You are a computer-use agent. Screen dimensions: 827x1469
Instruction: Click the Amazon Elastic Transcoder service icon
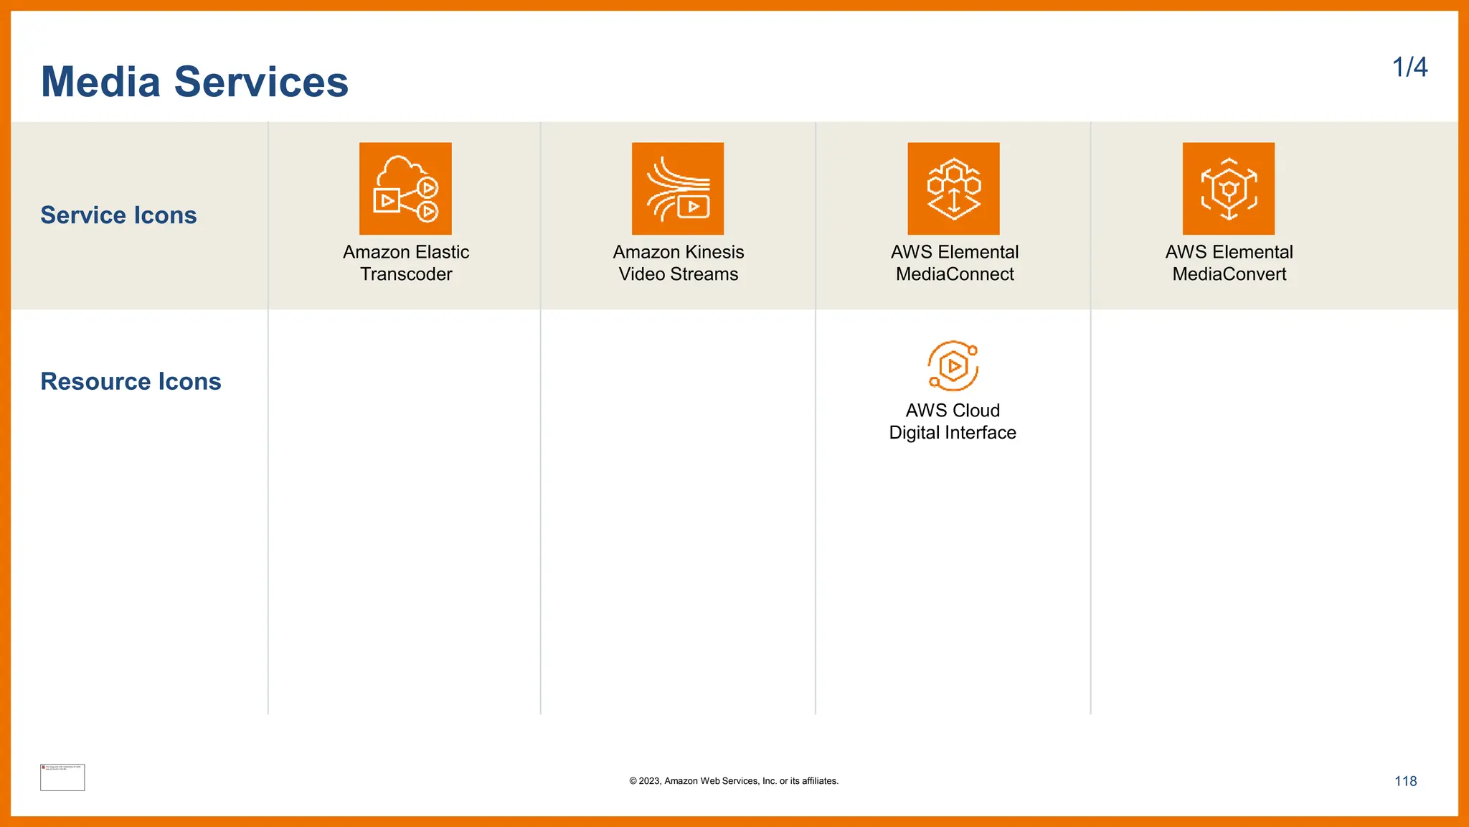point(405,188)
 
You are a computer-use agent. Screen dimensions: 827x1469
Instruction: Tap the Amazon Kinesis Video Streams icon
point(678,188)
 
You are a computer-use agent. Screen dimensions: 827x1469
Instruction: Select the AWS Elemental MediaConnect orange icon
point(953,188)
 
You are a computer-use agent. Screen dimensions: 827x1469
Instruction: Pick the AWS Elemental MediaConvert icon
point(1229,188)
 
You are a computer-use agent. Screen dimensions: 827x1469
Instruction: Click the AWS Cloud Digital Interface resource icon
point(953,366)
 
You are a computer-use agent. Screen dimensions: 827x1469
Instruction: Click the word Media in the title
point(100,82)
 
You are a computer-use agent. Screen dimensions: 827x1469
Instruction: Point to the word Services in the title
point(261,82)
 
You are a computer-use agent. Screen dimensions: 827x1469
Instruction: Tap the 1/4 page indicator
point(1409,67)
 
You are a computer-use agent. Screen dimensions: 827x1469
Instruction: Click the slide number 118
point(1405,781)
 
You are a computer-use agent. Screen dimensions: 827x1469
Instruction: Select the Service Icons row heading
point(118,215)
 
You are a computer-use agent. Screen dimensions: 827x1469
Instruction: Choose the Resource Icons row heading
point(131,381)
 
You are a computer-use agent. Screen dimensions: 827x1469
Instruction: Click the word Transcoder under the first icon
point(406,274)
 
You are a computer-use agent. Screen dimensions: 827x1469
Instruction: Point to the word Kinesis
point(714,252)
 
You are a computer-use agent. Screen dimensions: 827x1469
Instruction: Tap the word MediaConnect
point(955,274)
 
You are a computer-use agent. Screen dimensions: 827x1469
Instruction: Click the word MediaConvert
point(1229,274)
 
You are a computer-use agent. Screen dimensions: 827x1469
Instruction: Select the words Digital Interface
point(953,433)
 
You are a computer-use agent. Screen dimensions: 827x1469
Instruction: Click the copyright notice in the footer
point(734,781)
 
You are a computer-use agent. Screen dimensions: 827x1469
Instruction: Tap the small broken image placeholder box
point(62,777)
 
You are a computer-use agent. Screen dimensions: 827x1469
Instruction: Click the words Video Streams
point(679,274)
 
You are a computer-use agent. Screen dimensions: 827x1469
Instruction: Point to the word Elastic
point(440,252)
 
